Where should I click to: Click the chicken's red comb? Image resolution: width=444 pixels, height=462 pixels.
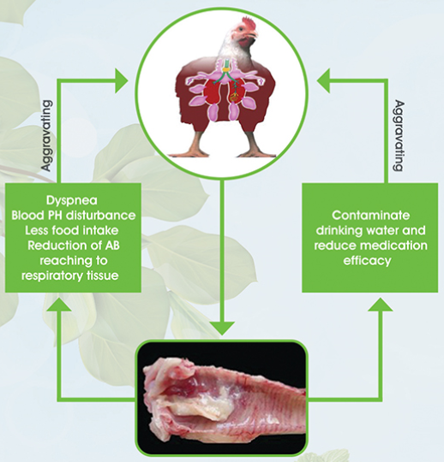(x=249, y=22)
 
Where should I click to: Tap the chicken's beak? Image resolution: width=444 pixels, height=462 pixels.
(x=255, y=36)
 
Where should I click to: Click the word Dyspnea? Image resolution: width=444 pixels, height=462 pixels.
(x=72, y=201)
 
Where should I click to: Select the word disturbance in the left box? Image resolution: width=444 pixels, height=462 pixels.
(x=100, y=216)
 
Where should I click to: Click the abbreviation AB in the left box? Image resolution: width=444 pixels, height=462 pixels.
(x=112, y=246)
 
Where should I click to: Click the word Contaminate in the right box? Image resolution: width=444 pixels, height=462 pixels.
(x=370, y=216)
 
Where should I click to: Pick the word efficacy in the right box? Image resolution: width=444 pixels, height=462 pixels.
(x=367, y=261)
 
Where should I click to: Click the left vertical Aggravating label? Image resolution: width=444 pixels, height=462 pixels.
(x=47, y=136)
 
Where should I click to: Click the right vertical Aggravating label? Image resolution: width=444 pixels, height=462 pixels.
(x=399, y=136)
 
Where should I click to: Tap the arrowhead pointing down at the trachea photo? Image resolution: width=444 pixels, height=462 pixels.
(x=223, y=329)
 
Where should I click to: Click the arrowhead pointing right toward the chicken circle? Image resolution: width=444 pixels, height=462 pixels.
(x=122, y=80)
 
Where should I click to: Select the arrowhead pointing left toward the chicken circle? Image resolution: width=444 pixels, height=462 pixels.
(x=323, y=80)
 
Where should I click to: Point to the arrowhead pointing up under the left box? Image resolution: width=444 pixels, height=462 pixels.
(x=59, y=304)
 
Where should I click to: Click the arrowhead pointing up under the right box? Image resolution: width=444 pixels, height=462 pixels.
(x=381, y=304)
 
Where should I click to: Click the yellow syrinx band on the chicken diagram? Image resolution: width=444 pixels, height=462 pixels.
(x=226, y=70)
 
